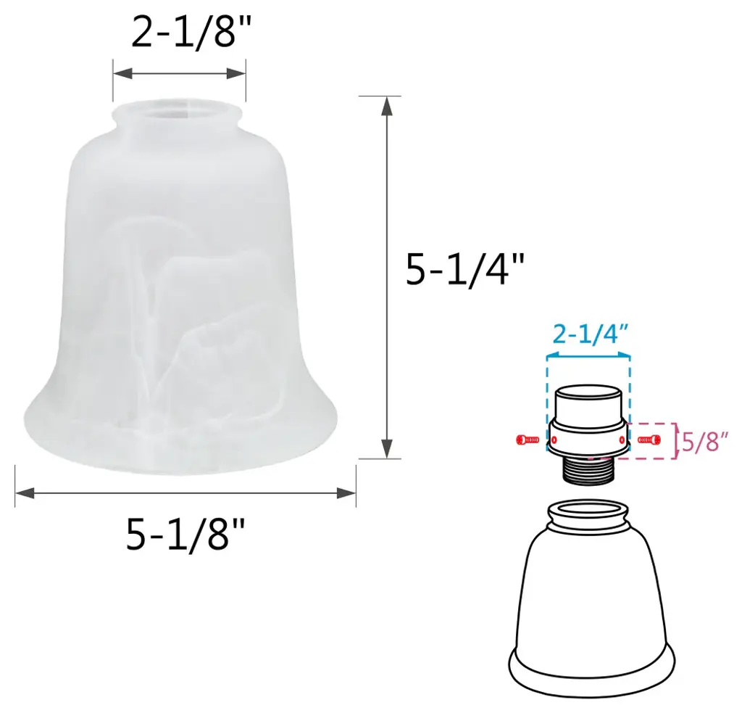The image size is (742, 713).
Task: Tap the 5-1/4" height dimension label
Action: pos(465,270)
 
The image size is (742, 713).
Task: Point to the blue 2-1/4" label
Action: pos(590,335)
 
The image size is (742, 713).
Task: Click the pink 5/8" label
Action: pos(704,442)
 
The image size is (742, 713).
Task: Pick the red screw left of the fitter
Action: pos(528,440)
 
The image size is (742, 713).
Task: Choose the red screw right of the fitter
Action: pos(649,440)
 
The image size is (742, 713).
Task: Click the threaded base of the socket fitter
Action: pos(588,470)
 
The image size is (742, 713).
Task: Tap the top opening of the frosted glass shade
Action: pos(178,112)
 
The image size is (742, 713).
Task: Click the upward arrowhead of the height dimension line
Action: pos(387,106)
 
